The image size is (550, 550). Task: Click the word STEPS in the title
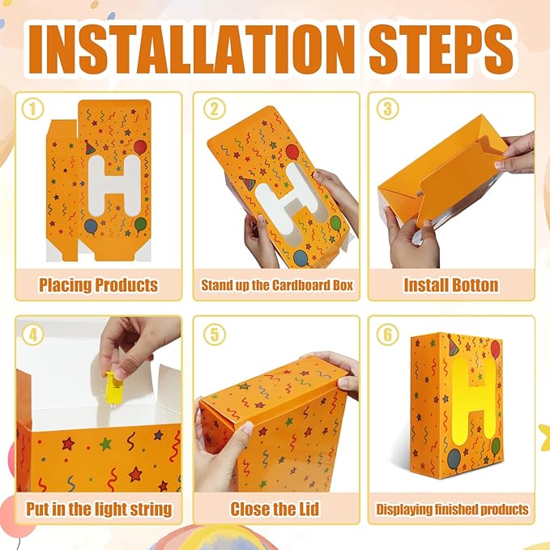coord(441,49)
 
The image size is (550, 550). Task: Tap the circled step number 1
coord(32,109)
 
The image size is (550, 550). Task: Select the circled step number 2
coord(215,109)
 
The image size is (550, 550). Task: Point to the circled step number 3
coord(388,109)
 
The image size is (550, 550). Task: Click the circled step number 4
coord(32,335)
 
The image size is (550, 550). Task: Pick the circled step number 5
coord(215,335)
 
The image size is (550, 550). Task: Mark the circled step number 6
coord(388,335)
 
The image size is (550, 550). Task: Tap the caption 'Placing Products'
coord(98,285)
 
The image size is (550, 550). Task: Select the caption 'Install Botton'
coord(451,285)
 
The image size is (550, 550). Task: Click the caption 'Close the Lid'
coord(275,509)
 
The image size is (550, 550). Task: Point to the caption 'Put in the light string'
coord(99,509)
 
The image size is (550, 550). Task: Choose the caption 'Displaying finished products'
coord(452,509)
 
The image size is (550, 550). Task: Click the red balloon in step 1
coord(140,147)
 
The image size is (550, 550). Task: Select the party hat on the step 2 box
coord(248,183)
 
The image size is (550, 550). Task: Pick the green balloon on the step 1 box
coord(140,224)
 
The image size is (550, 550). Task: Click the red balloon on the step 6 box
coord(495,350)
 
